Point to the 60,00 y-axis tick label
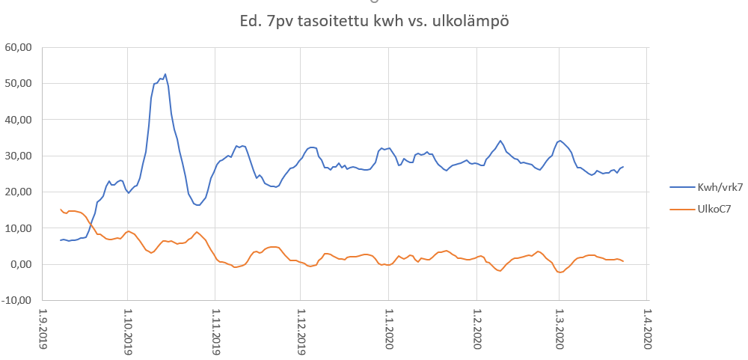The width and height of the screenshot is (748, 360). coord(18,47)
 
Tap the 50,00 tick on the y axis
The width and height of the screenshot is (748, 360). coord(18,83)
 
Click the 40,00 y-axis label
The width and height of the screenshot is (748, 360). coord(18,120)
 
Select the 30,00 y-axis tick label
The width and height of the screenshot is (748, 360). coord(18,156)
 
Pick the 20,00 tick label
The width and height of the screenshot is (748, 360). coord(18,192)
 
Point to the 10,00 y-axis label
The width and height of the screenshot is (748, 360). coord(18,228)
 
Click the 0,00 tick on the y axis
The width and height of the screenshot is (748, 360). coord(20,264)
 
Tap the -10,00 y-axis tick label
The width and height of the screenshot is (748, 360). coord(16,301)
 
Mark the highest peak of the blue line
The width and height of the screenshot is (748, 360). coord(165,74)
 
